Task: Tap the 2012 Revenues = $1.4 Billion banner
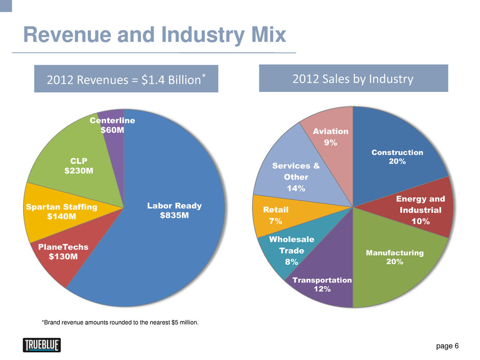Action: pos(126,79)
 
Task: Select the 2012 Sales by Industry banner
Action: pos(353,79)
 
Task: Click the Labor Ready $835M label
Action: pos(175,210)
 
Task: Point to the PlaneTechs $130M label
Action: pos(63,251)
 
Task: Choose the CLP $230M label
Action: pos(79,165)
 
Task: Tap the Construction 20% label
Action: pos(397,157)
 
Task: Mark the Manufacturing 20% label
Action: pos(395,257)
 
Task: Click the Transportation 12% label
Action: pos(322,284)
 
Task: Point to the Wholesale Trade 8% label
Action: pos(292,251)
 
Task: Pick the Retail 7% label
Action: pos(276,215)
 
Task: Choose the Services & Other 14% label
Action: pos(296,177)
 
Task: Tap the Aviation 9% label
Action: pos(331,137)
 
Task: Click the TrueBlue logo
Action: pos(42,345)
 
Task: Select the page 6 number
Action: pos(447,346)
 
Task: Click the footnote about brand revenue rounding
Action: pos(121,323)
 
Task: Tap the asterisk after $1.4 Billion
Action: pos(203,76)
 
